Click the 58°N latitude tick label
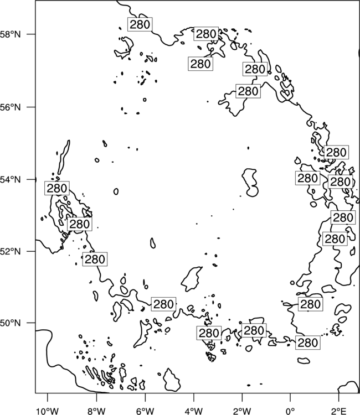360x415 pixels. pyautogui.click(x=10, y=34)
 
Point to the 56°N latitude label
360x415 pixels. pyautogui.click(x=10, y=107)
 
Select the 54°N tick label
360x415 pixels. pyautogui.click(x=10, y=180)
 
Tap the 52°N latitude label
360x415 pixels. pyautogui.click(x=10, y=251)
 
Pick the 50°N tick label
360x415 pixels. pyautogui.click(x=10, y=323)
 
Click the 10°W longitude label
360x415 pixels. pyautogui.click(x=48, y=411)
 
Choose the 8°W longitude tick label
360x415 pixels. pyautogui.click(x=96, y=411)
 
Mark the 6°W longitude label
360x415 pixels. pyautogui.click(x=145, y=411)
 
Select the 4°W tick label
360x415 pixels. pyautogui.click(x=193, y=411)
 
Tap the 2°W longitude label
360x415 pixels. pyautogui.click(x=242, y=411)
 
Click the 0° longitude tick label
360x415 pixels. pyautogui.click(x=290, y=411)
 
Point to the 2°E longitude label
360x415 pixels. pyautogui.click(x=339, y=411)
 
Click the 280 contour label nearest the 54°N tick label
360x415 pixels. pyautogui.click(x=57, y=189)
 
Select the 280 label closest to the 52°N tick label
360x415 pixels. pyautogui.click(x=95, y=259)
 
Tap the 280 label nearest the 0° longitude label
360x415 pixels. pyautogui.click(x=307, y=343)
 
